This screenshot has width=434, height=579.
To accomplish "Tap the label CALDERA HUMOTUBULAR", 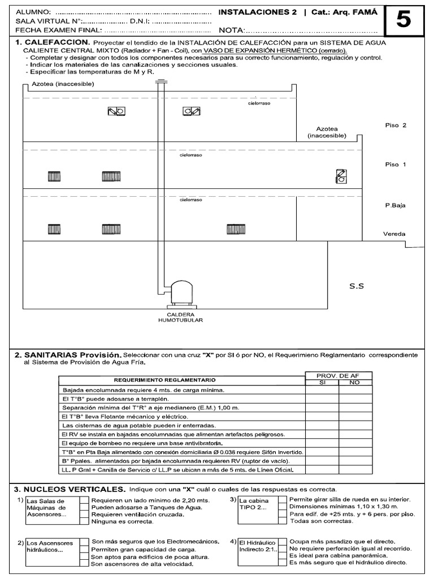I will click(181, 317).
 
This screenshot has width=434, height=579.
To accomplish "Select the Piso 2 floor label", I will click(395, 126).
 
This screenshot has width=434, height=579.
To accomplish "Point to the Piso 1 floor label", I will click(395, 165).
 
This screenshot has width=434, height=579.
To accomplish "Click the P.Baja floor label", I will click(395, 206).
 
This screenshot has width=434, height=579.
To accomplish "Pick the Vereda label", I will click(394, 234).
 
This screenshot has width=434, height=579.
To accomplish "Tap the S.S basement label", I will click(357, 286).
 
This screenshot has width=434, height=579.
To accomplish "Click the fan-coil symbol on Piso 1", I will click(341, 176).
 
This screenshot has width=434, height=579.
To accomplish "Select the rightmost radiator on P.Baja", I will click(236, 229).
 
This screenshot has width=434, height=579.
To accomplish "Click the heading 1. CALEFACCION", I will click(52, 42).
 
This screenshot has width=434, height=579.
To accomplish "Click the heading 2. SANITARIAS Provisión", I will click(68, 355).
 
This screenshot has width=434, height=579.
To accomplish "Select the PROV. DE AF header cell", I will click(338, 375).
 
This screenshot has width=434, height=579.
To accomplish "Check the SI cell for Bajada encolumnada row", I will click(322, 390).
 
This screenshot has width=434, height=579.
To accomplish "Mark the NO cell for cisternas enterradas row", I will click(355, 425).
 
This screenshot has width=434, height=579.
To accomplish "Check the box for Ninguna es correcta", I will click(84, 523).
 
